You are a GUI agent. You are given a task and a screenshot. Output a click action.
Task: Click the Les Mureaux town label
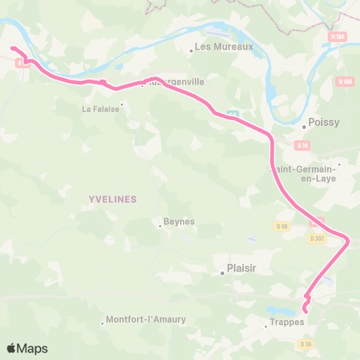coord(224,46)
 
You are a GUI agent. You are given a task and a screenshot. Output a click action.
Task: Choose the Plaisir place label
coord(242,268)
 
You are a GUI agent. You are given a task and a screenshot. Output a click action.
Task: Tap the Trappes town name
coord(287,322)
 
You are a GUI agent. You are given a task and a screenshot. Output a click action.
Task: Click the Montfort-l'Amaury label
coord(147,319)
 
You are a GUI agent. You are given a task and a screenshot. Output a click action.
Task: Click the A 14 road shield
coord(302,145)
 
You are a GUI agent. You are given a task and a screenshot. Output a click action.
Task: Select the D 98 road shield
coord(282,226)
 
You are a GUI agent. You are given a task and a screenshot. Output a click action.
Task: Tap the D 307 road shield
coord(317,238)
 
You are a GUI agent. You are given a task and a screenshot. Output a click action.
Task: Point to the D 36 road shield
coord(304,344)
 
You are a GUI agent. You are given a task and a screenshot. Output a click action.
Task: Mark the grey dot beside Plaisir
coord(223,273)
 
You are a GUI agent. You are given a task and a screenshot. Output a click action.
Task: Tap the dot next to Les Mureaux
coord(191,51)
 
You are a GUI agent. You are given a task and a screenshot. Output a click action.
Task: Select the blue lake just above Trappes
coord(280,310)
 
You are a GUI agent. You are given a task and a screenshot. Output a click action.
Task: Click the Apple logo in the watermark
coord(11,348)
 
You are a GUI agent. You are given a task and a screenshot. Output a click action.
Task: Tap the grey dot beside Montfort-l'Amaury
coord(103,324)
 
